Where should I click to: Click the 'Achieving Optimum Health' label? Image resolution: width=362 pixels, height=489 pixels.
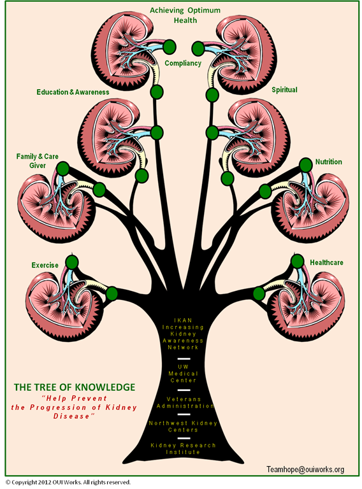(185, 15)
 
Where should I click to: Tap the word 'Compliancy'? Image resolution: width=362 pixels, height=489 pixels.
(183, 63)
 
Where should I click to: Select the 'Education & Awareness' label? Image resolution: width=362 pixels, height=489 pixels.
(73, 92)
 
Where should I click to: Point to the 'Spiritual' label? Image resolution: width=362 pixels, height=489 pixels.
(284, 90)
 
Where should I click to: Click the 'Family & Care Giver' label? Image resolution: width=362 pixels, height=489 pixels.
(37, 161)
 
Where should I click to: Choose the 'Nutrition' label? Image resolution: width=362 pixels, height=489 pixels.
(329, 162)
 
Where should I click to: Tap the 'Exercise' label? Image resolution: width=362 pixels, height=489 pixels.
(45, 265)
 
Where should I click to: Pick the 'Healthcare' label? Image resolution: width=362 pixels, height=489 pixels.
(326, 262)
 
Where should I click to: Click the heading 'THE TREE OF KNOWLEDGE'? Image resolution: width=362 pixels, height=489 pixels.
(75, 387)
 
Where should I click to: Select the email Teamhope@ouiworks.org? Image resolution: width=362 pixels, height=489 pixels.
(305, 469)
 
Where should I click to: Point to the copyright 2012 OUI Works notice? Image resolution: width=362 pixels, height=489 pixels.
(68, 482)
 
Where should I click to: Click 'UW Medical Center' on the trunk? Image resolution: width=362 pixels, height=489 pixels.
(183, 374)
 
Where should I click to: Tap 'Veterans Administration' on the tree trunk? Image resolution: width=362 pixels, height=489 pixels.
(185, 402)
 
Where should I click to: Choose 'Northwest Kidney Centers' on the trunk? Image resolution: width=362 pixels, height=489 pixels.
(183, 427)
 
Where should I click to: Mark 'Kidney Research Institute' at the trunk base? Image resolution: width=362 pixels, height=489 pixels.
(183, 448)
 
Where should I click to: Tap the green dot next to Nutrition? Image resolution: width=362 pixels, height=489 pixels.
(305, 165)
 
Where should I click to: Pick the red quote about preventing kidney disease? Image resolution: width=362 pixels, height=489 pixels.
(74, 407)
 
